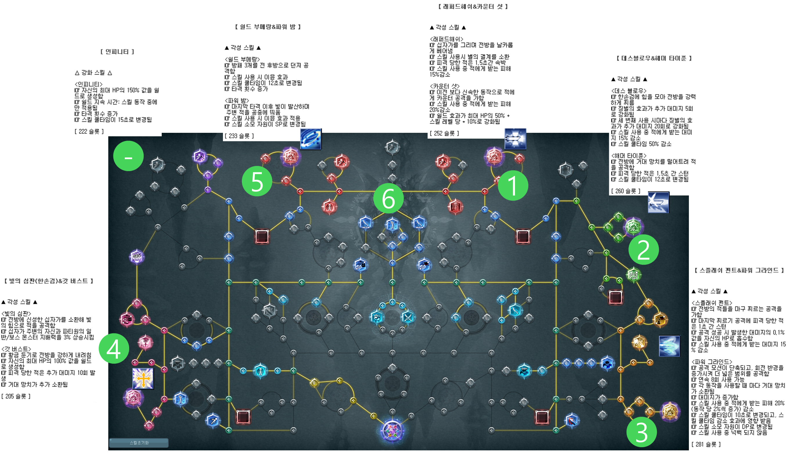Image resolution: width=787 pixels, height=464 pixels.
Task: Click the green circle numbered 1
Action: coord(513,185)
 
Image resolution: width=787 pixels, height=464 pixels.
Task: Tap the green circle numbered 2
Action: coord(643,249)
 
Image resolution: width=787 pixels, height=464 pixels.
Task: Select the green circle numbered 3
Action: coord(642,432)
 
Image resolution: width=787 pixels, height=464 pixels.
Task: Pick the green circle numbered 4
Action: coord(114,348)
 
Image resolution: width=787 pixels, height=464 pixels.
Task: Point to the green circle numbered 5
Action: coord(257,181)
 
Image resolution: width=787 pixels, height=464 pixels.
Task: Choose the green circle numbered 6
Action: coord(388,199)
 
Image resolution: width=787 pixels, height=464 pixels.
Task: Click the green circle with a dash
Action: coord(128,156)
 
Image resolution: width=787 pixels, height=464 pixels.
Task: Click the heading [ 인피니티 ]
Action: coord(117,52)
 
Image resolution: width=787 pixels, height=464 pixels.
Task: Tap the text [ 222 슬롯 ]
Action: coord(89,131)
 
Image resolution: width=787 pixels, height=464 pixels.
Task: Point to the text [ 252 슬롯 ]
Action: coord(444,133)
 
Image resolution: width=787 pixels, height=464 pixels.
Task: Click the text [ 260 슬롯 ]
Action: coord(626,191)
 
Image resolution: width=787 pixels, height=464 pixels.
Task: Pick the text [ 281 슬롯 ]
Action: coord(706,444)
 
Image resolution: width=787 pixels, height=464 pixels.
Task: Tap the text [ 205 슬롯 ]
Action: coord(16,396)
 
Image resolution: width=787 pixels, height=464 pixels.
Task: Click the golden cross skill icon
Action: coord(143,379)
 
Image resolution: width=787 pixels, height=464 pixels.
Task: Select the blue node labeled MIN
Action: coord(365,223)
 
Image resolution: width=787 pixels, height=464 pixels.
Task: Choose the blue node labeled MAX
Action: coord(419,223)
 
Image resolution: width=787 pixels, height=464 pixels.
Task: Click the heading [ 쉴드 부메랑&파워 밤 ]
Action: coord(268,27)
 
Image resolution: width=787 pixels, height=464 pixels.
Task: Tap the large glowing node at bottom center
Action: coord(392,431)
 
